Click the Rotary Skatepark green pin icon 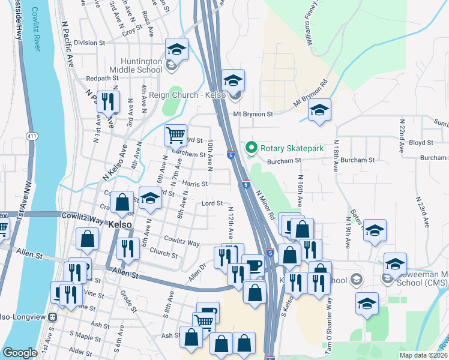[251, 147]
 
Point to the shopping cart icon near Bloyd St [175, 136]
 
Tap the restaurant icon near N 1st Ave [108, 101]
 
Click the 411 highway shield [32, 137]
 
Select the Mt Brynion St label [253, 113]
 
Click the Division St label [89, 43]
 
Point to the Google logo [20, 353]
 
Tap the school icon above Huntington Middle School [176, 49]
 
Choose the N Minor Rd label [264, 203]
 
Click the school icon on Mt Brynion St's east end [319, 110]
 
